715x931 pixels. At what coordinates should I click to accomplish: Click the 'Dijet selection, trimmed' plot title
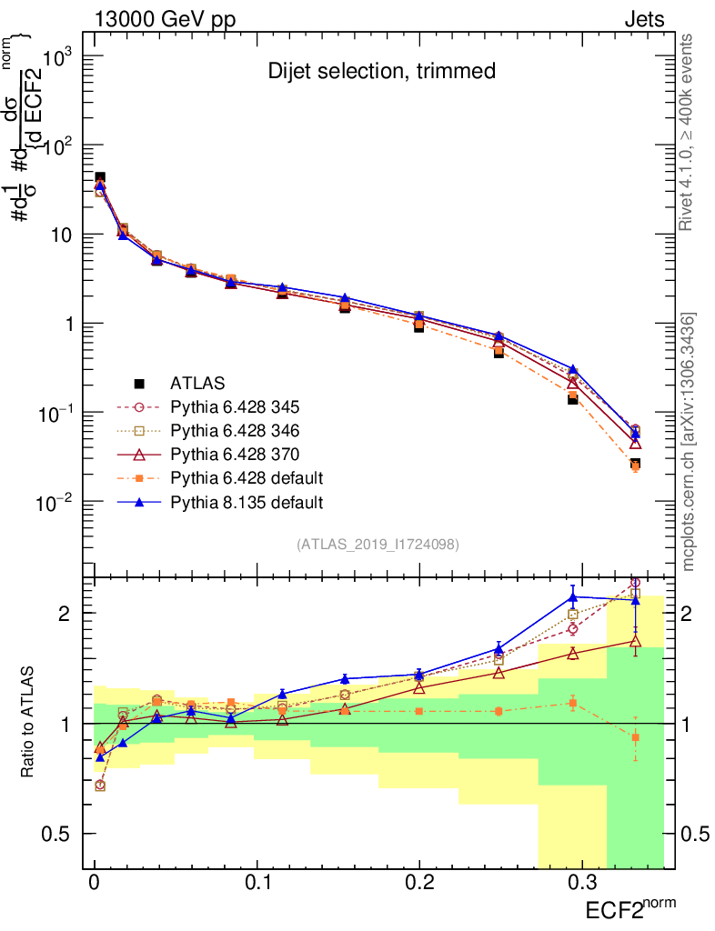(382, 71)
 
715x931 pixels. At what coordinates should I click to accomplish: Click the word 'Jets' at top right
(643, 19)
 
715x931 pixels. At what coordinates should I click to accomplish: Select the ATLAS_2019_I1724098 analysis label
(378, 545)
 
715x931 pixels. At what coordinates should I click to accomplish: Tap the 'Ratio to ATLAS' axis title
(29, 723)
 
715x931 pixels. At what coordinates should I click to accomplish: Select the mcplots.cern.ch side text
(688, 441)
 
